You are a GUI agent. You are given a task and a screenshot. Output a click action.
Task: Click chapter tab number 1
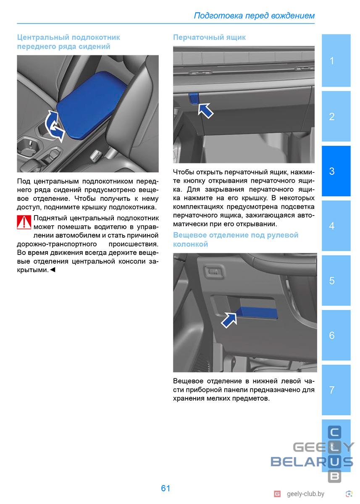336,61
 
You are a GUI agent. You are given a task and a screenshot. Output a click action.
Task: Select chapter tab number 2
336,116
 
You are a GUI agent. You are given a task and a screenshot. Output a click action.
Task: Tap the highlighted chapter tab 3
336,171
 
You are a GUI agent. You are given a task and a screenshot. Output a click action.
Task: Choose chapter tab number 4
336,226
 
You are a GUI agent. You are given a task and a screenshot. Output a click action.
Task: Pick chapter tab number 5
336,281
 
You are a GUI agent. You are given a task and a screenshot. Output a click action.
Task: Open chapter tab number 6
336,335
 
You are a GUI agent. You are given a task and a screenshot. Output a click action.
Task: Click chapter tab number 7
336,390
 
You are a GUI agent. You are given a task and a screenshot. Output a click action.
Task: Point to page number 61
166,488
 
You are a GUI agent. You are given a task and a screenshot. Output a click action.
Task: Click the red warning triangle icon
24,222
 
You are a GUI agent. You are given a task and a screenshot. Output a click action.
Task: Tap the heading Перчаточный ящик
209,37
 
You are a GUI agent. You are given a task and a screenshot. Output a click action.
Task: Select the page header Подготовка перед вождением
254,16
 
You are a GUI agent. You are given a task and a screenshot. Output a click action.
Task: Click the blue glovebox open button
194,97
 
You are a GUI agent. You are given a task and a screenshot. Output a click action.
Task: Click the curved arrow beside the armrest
53,126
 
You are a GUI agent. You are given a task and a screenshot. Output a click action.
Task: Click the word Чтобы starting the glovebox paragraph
184,171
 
